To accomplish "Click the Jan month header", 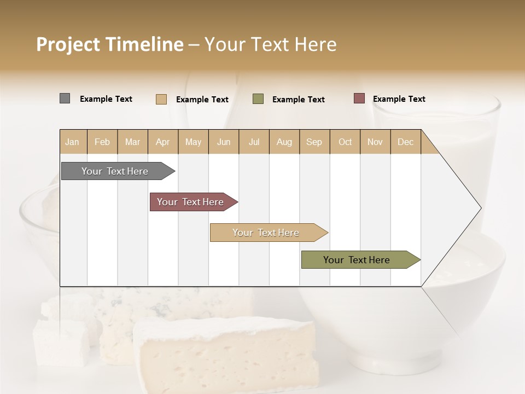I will pyautogui.click(x=72, y=142).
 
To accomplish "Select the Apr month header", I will pyautogui.click(x=162, y=142).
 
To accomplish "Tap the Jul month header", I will pyautogui.click(x=254, y=142).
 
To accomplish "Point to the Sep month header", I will pyautogui.click(x=314, y=142).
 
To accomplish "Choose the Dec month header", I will pyautogui.click(x=405, y=142).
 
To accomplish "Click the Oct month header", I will pyautogui.click(x=345, y=142).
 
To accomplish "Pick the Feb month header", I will pyautogui.click(x=102, y=142).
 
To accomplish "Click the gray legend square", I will pyautogui.click(x=65, y=99).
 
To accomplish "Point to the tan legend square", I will pyautogui.click(x=161, y=99).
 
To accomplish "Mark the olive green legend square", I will pyautogui.click(x=258, y=99).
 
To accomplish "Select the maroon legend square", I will pyautogui.click(x=359, y=99).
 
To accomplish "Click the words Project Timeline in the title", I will pyautogui.click(x=109, y=44).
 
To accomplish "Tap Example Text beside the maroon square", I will pyautogui.click(x=399, y=99).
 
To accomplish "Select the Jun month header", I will pyautogui.click(x=224, y=142).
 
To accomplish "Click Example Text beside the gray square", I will pyautogui.click(x=106, y=99).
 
